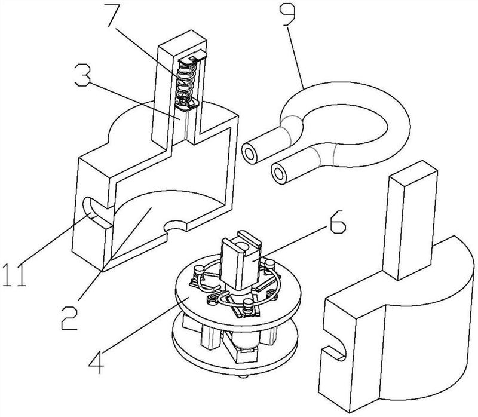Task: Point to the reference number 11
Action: [x=14, y=275]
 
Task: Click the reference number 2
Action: [x=71, y=318]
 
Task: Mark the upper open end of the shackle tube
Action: [x=250, y=154]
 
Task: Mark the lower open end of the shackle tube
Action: [x=279, y=174]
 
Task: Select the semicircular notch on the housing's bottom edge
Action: [x=175, y=226]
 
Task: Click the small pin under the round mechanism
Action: [x=243, y=376]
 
